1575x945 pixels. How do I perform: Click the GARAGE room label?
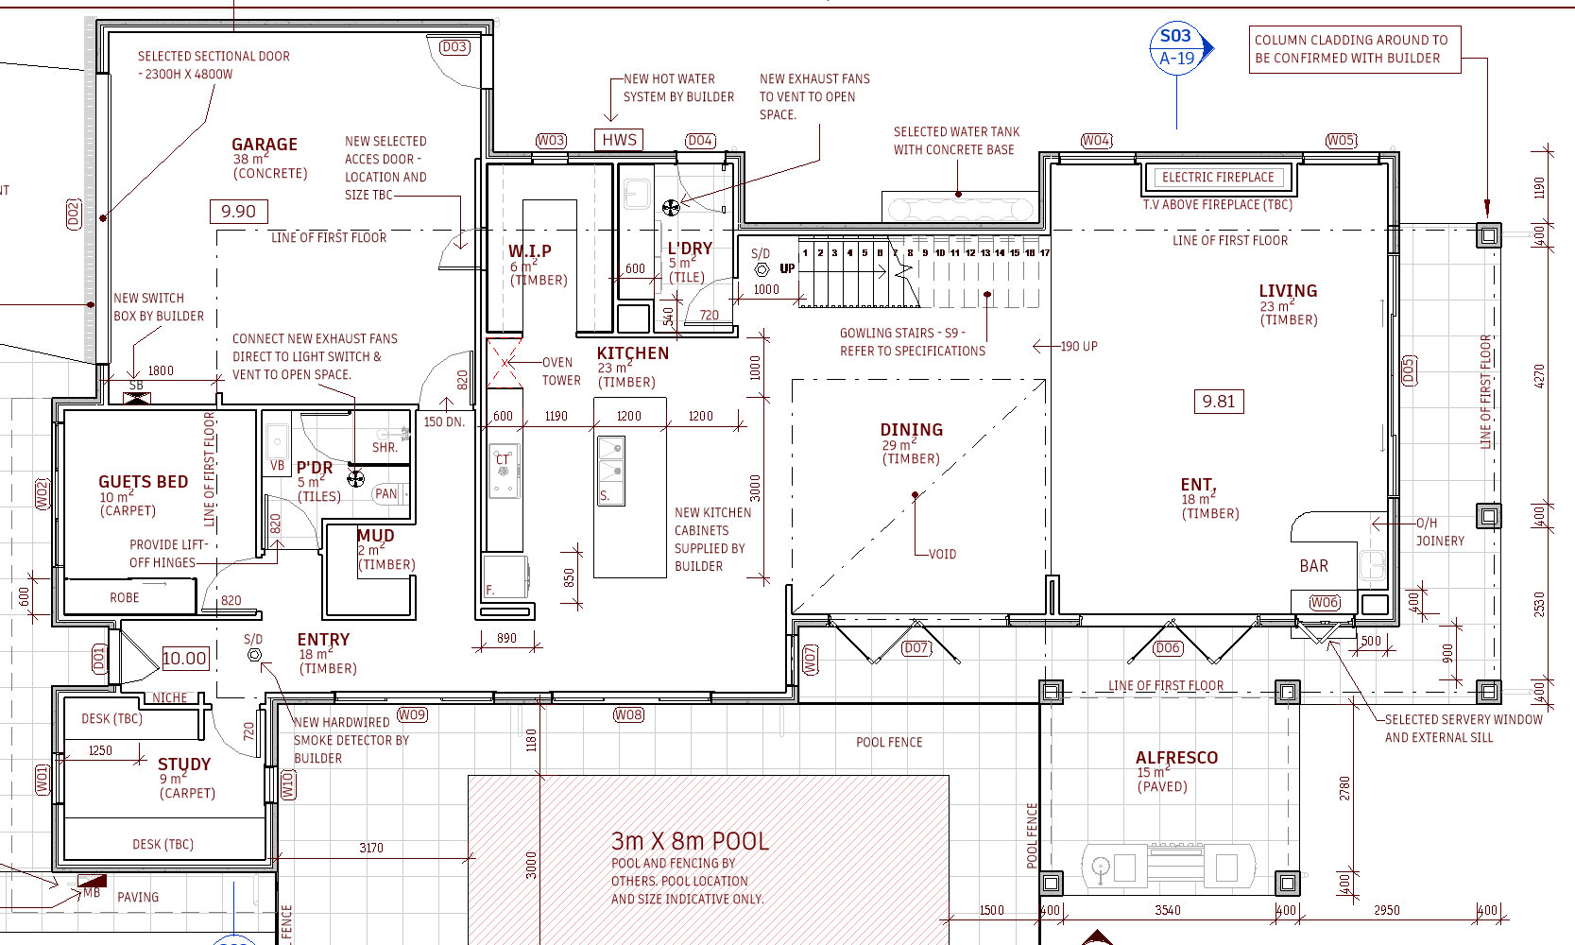265,145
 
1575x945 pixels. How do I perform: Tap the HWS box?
619,140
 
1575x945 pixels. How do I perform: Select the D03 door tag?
454,47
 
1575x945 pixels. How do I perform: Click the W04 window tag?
1096,141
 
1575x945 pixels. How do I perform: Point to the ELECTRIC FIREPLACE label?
1218,178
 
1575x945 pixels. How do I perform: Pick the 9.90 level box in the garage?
238,212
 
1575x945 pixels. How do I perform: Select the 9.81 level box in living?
1219,402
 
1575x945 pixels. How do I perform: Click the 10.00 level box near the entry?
185,658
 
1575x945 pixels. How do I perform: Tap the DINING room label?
911,430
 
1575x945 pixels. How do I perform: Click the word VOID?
942,554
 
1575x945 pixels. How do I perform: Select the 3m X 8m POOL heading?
690,841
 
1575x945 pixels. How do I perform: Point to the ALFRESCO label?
1176,757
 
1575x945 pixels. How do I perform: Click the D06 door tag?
1168,647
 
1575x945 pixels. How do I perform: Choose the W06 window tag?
1325,603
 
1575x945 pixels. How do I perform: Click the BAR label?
1313,566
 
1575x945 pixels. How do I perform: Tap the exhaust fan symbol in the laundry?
671,207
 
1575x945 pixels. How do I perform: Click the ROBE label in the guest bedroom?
125,597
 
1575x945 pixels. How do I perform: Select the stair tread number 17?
1045,252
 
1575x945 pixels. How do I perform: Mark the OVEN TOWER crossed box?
505,363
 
